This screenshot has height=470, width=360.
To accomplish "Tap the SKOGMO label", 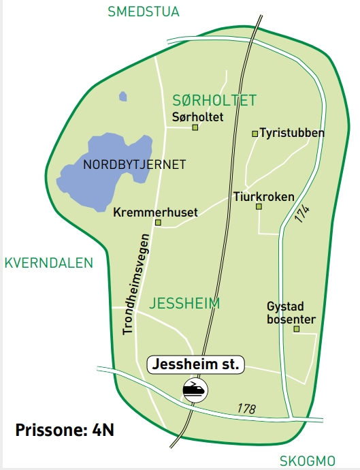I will point(308,460).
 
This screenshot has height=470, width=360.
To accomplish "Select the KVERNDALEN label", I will point(48,263).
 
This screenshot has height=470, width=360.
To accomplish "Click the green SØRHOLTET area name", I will point(214,101).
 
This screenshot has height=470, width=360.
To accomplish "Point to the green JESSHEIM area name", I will point(185,303).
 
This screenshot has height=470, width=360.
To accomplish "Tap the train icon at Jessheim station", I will point(195,390).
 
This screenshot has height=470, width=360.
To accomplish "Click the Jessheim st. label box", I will point(195,365).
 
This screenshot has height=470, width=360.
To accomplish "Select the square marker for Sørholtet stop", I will point(195,127).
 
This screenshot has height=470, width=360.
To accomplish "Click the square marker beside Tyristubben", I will point(255,134).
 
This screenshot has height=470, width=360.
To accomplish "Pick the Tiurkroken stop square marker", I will point(259,206).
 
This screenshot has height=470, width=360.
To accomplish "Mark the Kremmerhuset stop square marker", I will point(158,222).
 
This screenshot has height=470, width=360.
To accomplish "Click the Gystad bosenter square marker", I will point(296,330).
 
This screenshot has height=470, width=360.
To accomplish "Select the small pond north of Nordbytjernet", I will point(122,97).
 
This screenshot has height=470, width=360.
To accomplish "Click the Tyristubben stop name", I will point(293,133).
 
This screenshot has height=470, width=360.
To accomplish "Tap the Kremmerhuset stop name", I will point(156,213).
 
